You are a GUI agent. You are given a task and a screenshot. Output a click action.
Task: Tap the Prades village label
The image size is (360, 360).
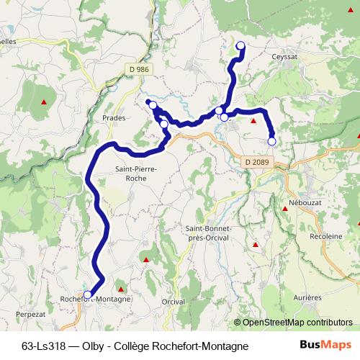[114, 117]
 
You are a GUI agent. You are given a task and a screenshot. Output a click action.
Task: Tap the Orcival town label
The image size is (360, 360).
[174, 301]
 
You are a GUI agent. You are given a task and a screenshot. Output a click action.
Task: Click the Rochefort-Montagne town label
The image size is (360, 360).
[96, 299]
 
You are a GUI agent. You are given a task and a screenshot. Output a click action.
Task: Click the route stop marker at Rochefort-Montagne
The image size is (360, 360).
[88, 294]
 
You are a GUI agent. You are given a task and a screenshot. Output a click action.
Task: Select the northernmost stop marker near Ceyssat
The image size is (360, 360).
[240, 46]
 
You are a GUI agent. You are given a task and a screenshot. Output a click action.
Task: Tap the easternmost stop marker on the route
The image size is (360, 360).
[271, 141]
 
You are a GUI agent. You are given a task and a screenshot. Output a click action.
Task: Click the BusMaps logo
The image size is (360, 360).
[325, 345]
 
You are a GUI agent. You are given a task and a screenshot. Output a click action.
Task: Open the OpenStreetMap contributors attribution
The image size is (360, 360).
[297, 322]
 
